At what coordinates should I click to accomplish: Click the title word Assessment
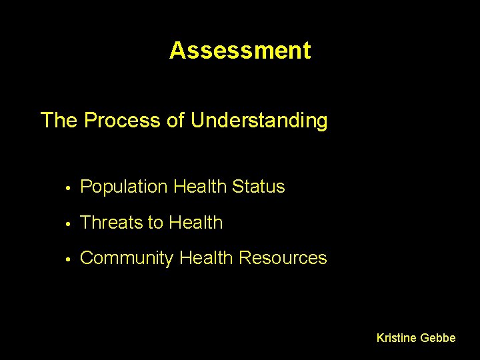(x=240, y=51)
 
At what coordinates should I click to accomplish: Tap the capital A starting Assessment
(x=177, y=51)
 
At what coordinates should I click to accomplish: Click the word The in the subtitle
(x=59, y=121)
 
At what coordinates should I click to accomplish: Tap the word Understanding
(x=259, y=121)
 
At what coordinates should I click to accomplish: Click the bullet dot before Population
(x=69, y=188)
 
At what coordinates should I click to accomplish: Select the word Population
(x=123, y=187)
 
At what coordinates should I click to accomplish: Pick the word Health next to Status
(x=199, y=187)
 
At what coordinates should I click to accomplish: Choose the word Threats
(x=109, y=223)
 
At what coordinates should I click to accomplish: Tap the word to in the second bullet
(x=154, y=223)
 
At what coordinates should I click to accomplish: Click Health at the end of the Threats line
(x=196, y=223)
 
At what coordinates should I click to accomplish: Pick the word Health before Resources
(x=207, y=258)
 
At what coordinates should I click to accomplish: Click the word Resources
(x=283, y=258)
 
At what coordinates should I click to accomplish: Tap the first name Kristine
(x=397, y=338)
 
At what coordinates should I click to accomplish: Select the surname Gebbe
(x=438, y=338)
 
